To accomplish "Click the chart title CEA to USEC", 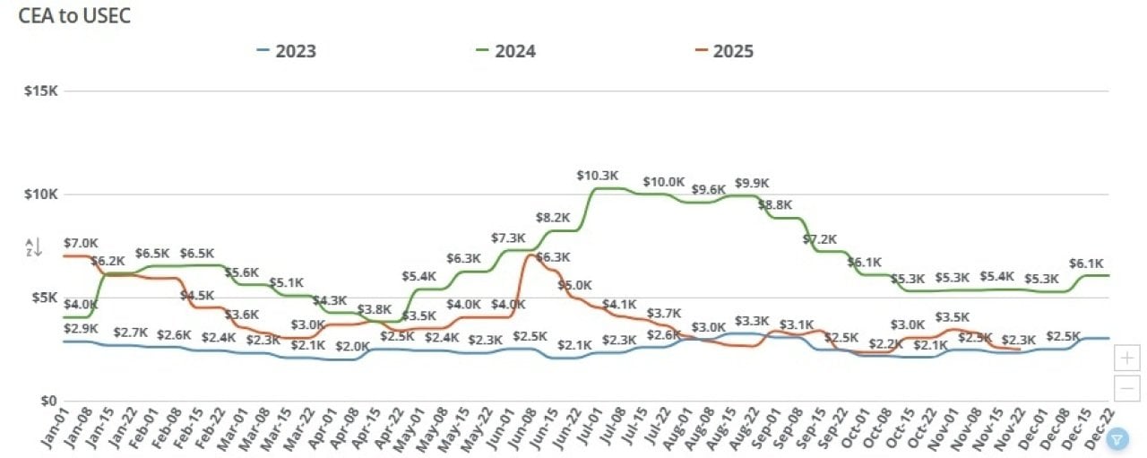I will tap(75, 16).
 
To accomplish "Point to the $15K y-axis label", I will tap(40, 91).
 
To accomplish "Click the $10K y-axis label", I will tap(40, 194).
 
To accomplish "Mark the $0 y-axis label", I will tap(47, 401).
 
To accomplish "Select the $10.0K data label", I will tap(664, 182).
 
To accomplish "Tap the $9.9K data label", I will tap(753, 184).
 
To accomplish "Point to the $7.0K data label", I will tap(81, 243).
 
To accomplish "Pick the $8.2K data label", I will tap(553, 217).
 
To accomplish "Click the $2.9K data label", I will tap(81, 329).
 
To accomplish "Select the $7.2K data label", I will tap(819, 239).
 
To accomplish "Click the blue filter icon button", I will tap(1117, 438).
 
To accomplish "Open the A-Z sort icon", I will tap(32, 247).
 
